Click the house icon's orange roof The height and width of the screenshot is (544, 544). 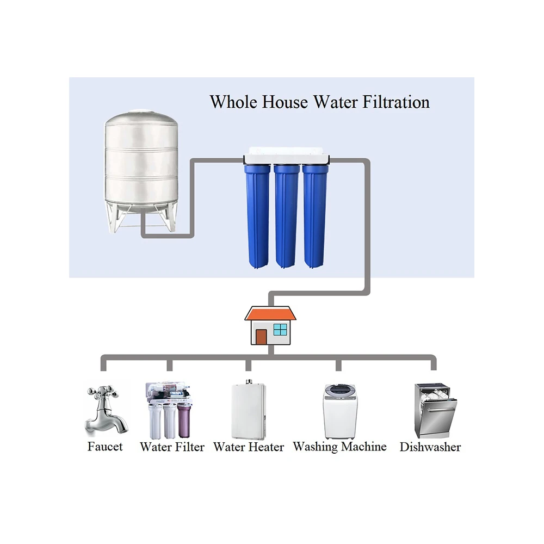[x=270, y=314]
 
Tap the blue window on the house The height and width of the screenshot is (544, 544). [x=280, y=329]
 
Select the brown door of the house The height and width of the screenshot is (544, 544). [x=261, y=336]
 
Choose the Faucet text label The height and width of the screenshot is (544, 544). [x=105, y=447]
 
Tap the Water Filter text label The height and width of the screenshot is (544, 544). [x=172, y=447]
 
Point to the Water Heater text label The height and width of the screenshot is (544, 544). [x=249, y=447]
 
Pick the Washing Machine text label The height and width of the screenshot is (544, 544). [x=339, y=447]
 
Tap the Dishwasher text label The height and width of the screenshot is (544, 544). [x=430, y=447]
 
